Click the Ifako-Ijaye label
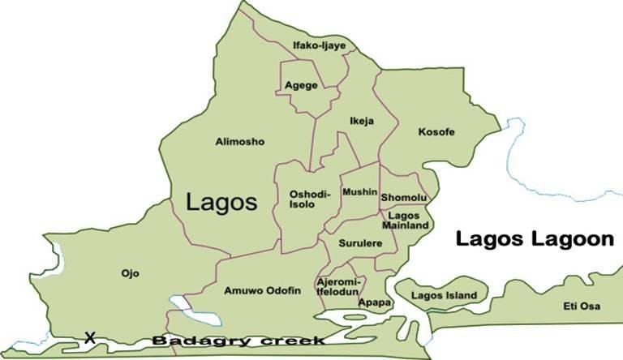coord(319,45)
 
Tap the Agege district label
coord(301,85)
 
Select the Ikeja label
coord(361,122)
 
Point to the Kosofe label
coord(436,131)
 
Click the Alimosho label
coord(239,142)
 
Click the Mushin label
coord(359,192)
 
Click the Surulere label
coord(355,242)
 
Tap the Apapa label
coord(375,302)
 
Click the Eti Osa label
coord(580,306)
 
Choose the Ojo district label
coord(129,273)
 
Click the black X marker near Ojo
coord(90,336)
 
